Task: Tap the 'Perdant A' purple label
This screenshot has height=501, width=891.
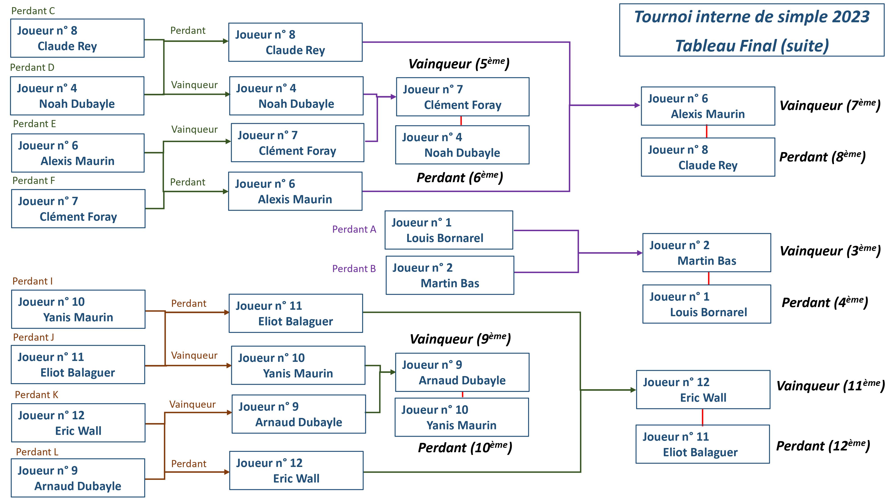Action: [354, 229]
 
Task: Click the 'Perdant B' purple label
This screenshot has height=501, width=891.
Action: [354, 269]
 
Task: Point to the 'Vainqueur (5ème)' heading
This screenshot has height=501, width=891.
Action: [459, 64]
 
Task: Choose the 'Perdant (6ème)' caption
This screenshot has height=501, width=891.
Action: [459, 177]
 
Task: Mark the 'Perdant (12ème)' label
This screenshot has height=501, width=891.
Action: [823, 446]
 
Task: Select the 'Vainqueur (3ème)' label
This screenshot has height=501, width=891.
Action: [830, 251]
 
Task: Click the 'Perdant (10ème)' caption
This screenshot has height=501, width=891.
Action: [464, 447]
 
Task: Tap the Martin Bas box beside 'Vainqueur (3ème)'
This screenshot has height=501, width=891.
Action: [706, 253]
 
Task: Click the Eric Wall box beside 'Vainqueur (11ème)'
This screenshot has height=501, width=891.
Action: [703, 390]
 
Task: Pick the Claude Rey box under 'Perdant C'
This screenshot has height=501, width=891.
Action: [77, 38]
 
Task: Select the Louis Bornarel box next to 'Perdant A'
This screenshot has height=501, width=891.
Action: [449, 230]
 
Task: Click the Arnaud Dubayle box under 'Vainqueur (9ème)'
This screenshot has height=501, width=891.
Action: [462, 372]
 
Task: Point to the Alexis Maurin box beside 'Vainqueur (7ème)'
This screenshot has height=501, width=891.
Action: [708, 106]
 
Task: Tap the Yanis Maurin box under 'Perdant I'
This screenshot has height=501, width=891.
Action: [78, 309]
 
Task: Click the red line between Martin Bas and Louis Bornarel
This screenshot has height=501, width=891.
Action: [708, 278]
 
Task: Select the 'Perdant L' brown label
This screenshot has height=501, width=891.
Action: [37, 452]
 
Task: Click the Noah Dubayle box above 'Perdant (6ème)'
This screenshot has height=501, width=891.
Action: [462, 145]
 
